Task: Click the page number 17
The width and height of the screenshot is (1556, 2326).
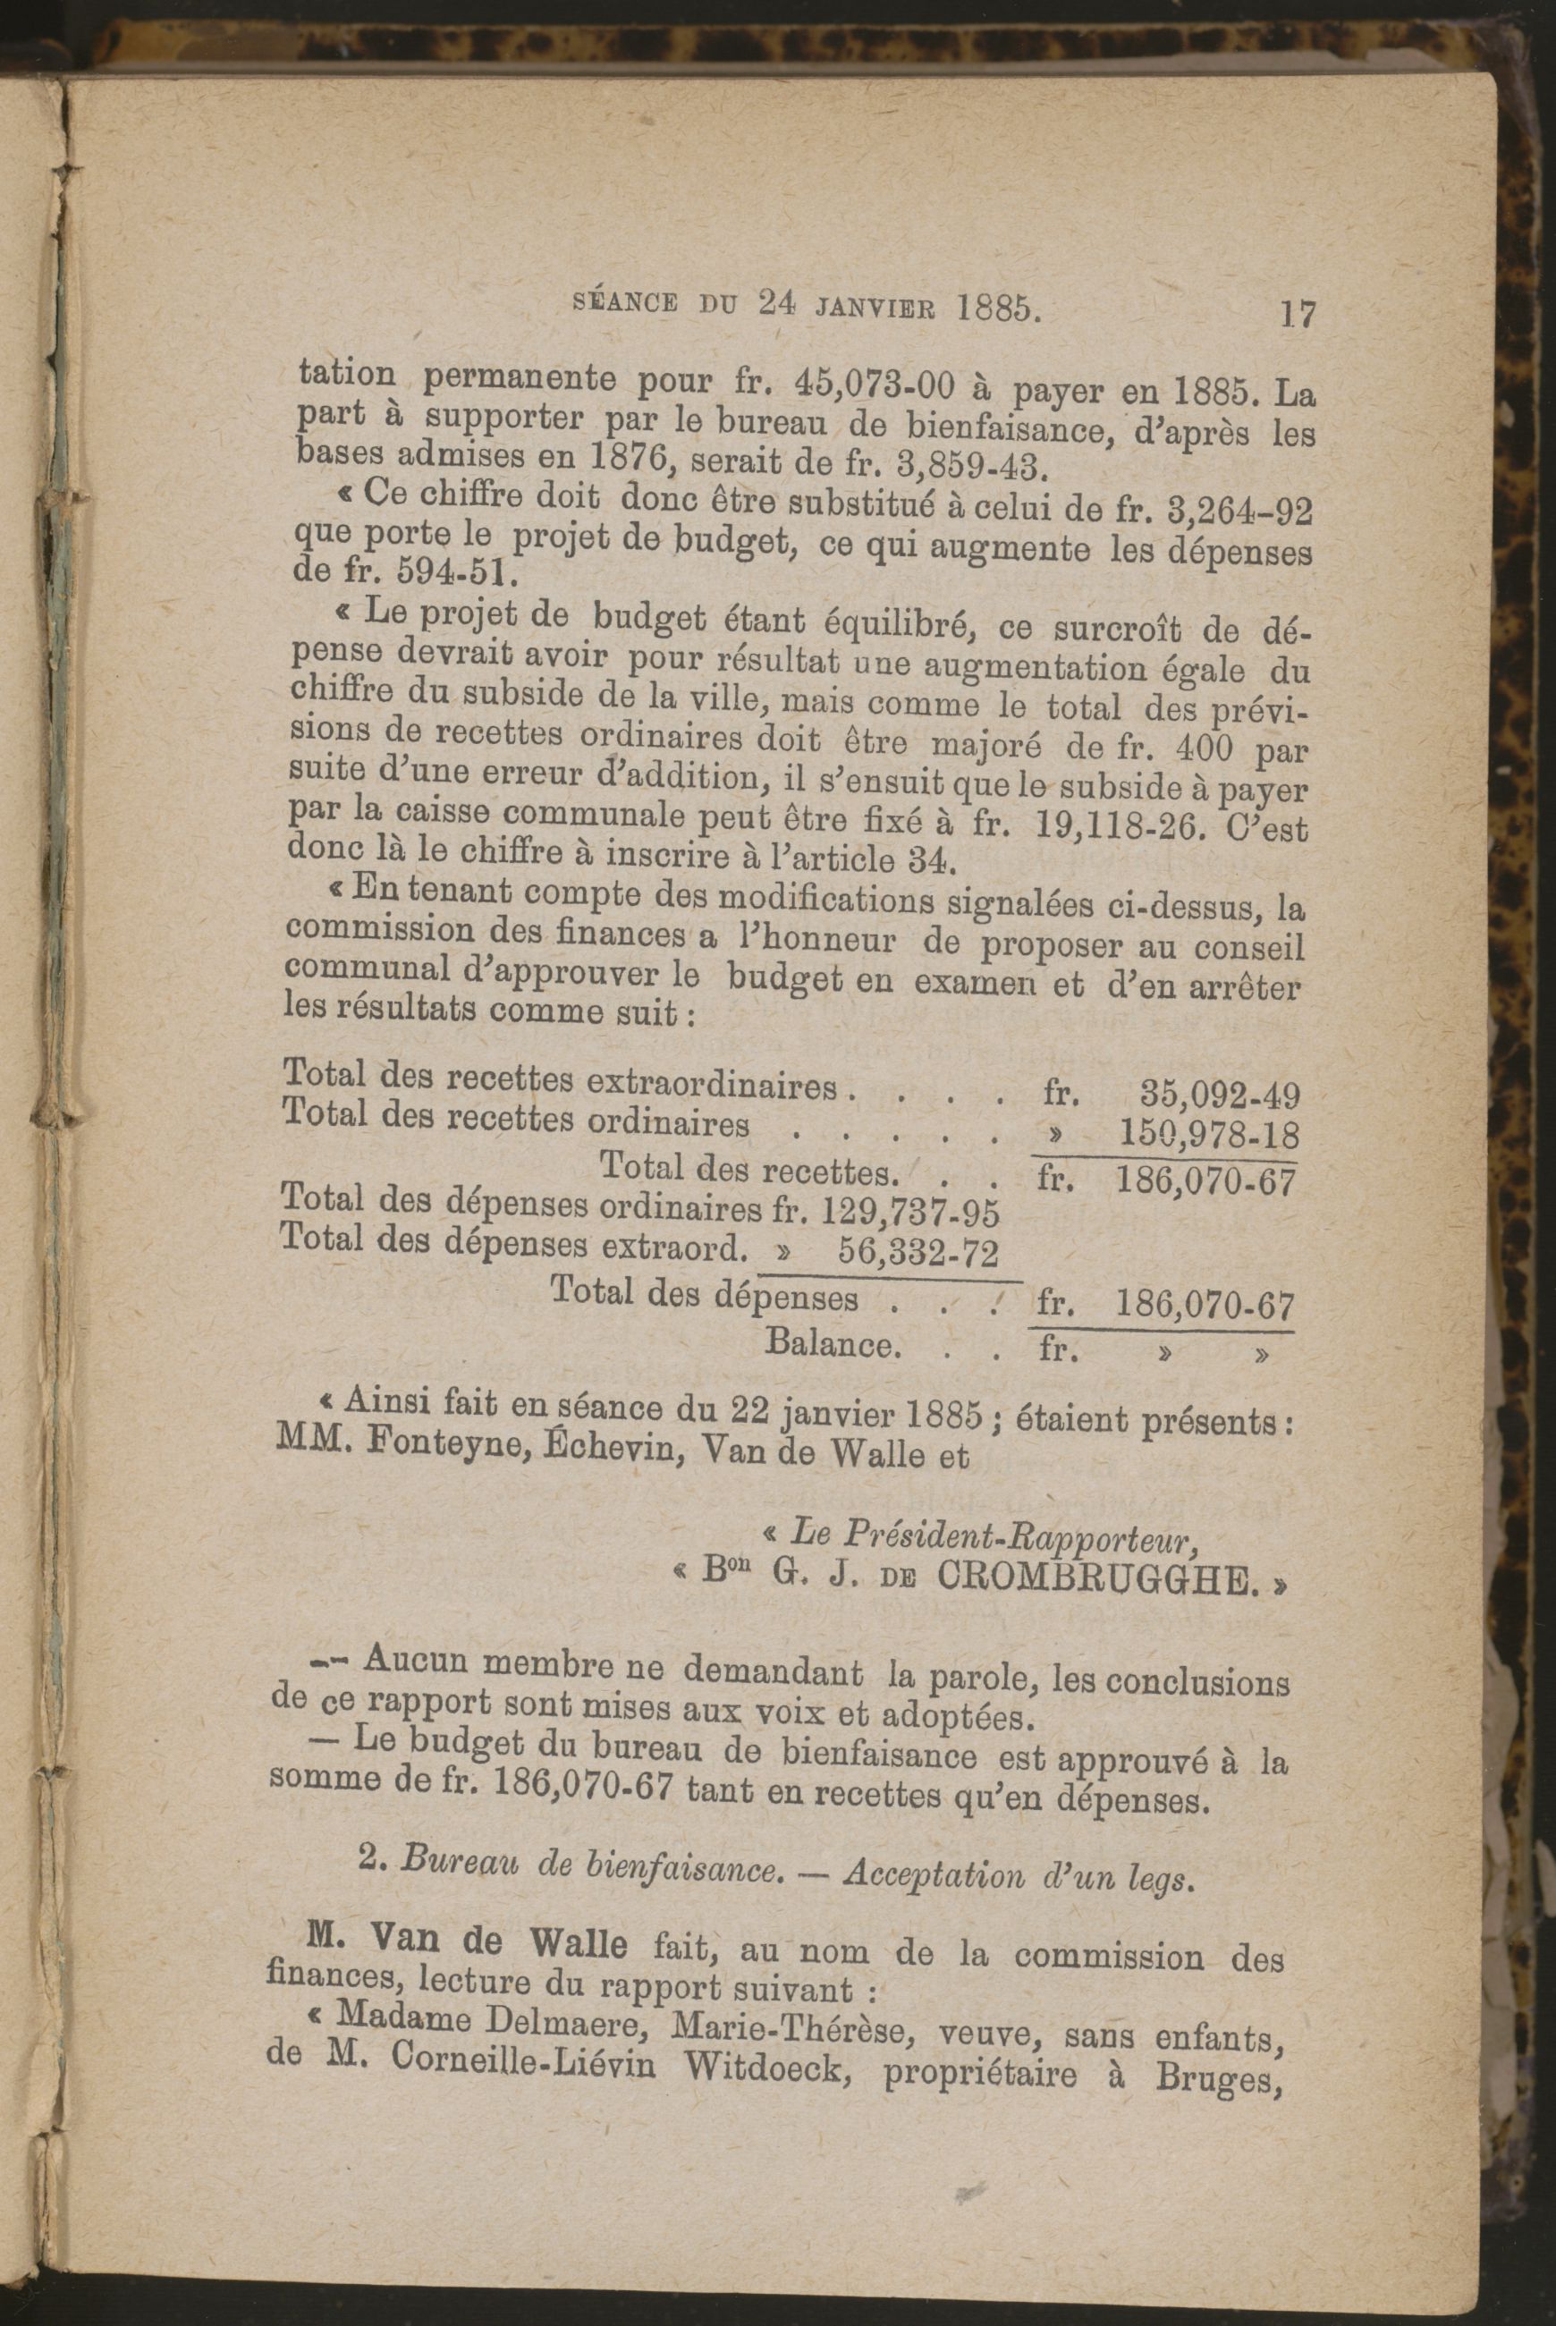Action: (x=1298, y=316)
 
